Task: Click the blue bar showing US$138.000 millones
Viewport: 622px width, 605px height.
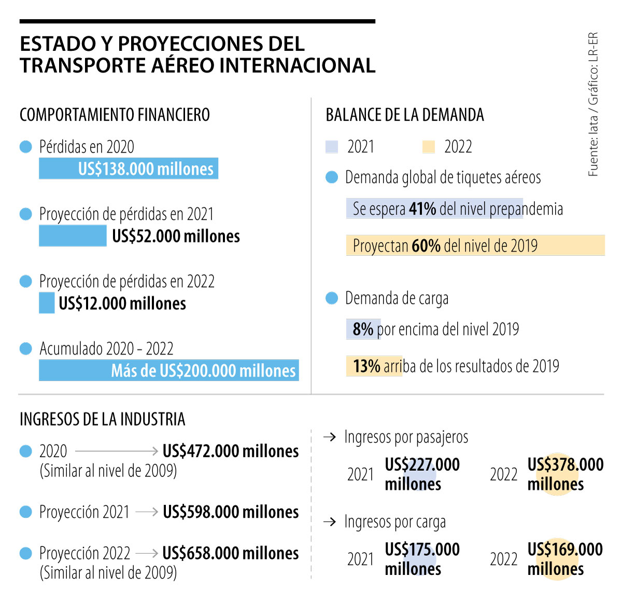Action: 129,168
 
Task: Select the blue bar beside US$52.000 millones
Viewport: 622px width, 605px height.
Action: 73,236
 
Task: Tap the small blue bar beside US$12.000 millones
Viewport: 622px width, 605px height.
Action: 47,303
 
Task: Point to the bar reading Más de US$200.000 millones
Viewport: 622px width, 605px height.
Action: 169,370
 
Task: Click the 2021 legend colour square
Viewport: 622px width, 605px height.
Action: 332,147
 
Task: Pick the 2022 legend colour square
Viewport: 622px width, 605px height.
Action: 429,147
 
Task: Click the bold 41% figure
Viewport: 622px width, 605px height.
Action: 422,209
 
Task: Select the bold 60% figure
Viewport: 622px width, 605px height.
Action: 426,246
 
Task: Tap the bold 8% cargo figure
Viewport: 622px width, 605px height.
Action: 363,329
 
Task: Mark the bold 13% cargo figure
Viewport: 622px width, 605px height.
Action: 367,366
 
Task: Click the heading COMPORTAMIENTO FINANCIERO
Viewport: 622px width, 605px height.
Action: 115,115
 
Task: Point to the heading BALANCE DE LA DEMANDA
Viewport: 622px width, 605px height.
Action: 404,115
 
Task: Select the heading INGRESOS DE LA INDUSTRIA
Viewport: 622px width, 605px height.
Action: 102,419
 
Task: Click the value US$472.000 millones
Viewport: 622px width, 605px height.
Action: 231,451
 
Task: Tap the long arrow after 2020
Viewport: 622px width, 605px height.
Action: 117,451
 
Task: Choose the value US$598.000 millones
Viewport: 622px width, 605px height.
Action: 231,512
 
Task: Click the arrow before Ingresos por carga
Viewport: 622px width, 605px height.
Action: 330,522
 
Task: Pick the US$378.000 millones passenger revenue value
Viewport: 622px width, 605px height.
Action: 565,474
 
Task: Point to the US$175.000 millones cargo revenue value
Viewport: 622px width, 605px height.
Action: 422,559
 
